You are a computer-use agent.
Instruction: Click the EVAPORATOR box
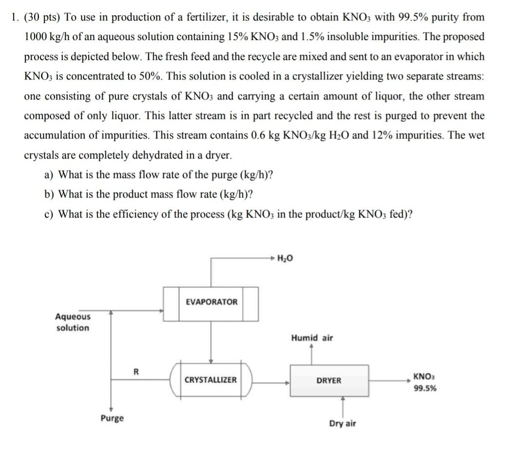tap(211, 302)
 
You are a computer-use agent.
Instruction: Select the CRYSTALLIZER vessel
tap(210, 380)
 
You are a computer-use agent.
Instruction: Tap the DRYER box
tap(329, 380)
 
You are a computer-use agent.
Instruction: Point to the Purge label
tap(112, 418)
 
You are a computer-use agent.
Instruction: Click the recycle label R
tap(136, 372)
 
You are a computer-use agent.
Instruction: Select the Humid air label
tap(312, 338)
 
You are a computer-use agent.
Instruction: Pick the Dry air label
tap(342, 423)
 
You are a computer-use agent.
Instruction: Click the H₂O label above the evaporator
tap(285, 258)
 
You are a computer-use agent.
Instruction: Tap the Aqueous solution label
tap(73, 322)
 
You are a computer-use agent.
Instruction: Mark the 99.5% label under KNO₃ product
tap(425, 389)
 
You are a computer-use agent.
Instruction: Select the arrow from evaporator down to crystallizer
tap(210, 341)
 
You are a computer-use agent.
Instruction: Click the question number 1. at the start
tap(15, 18)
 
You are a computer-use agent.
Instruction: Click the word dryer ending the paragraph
tap(217, 156)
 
